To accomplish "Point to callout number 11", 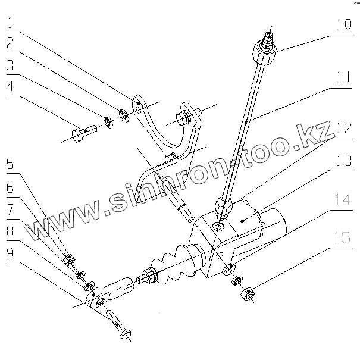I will coord(344,77).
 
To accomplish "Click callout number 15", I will coord(344,238).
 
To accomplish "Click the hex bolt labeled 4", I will coord(80,134).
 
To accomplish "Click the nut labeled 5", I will coord(70,258).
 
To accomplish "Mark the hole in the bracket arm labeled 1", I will coord(138,108).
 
